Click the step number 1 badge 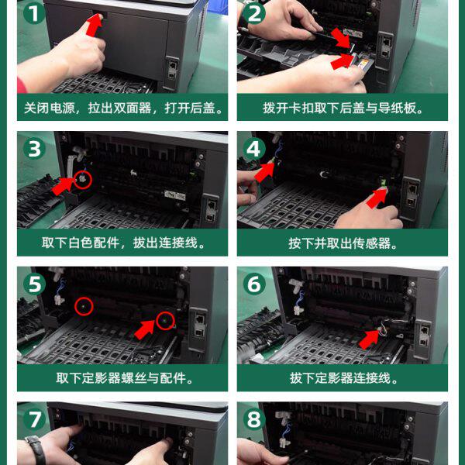coord(34,13)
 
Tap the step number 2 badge coord(254,13)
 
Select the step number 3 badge coord(34,149)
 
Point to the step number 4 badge coord(254,149)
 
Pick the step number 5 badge coord(34,284)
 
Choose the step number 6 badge coord(254,284)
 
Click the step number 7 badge coord(34,419)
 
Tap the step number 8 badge coord(254,419)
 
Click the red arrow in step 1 coord(95,26)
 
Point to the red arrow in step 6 coord(370,339)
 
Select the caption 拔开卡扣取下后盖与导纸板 coord(343,108)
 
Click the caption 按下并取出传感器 coord(343,243)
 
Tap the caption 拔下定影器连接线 coord(343,379)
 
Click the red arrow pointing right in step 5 coord(144,329)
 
